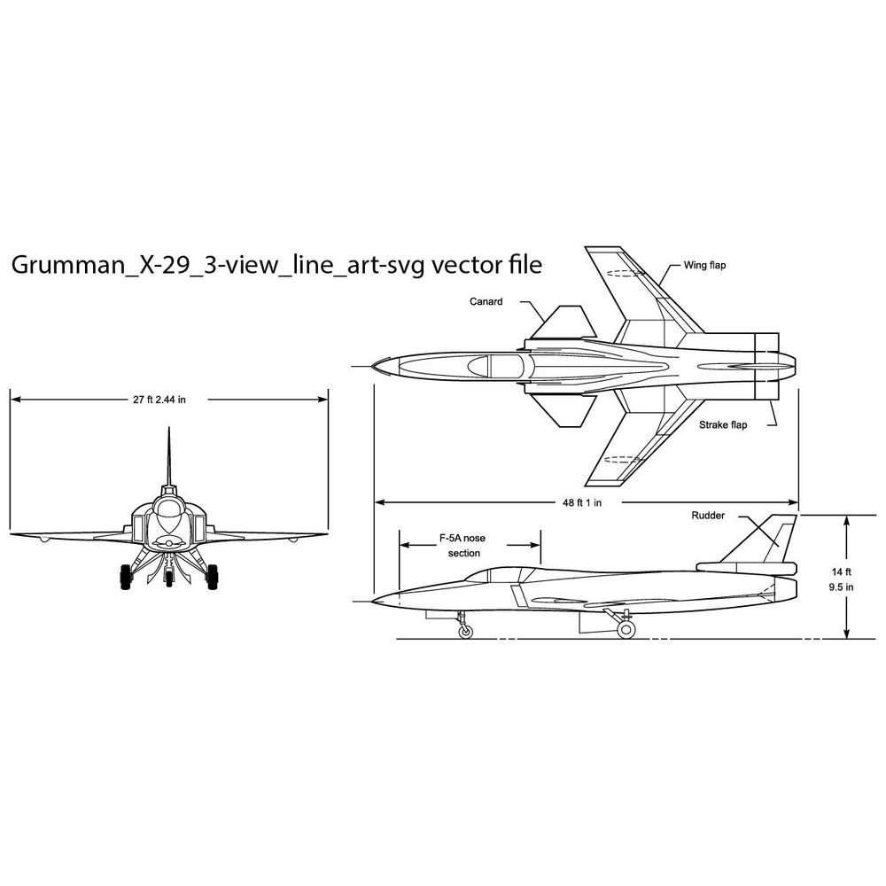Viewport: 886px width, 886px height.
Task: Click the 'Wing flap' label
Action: [704, 265]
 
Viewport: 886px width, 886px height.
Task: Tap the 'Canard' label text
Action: [486, 302]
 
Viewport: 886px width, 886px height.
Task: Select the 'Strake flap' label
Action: [723, 425]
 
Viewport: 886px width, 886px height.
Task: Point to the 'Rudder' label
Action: [708, 516]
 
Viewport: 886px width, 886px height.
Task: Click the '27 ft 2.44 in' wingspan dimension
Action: [159, 400]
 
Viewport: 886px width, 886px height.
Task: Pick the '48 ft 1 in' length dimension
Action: [582, 502]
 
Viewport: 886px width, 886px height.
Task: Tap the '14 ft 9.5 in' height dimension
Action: [841, 579]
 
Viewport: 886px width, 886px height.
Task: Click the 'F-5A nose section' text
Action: [462, 546]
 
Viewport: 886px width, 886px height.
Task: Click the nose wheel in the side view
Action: [465, 631]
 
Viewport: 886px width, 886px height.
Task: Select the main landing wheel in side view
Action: [626, 629]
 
